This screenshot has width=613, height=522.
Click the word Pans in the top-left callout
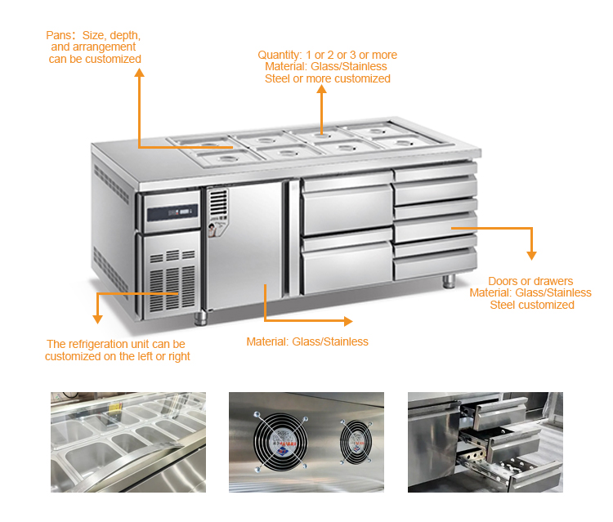(59, 35)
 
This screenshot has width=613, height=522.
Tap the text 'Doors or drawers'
(530, 281)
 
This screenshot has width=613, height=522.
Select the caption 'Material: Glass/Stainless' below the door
(307, 341)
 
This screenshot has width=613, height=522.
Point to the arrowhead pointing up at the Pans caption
(139, 74)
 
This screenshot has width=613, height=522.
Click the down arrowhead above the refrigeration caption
(97, 318)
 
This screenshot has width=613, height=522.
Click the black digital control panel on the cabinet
(172, 214)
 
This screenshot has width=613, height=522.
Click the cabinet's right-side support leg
(449, 281)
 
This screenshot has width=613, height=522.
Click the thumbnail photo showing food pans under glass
(128, 442)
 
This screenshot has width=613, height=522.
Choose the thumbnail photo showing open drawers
(485, 442)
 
